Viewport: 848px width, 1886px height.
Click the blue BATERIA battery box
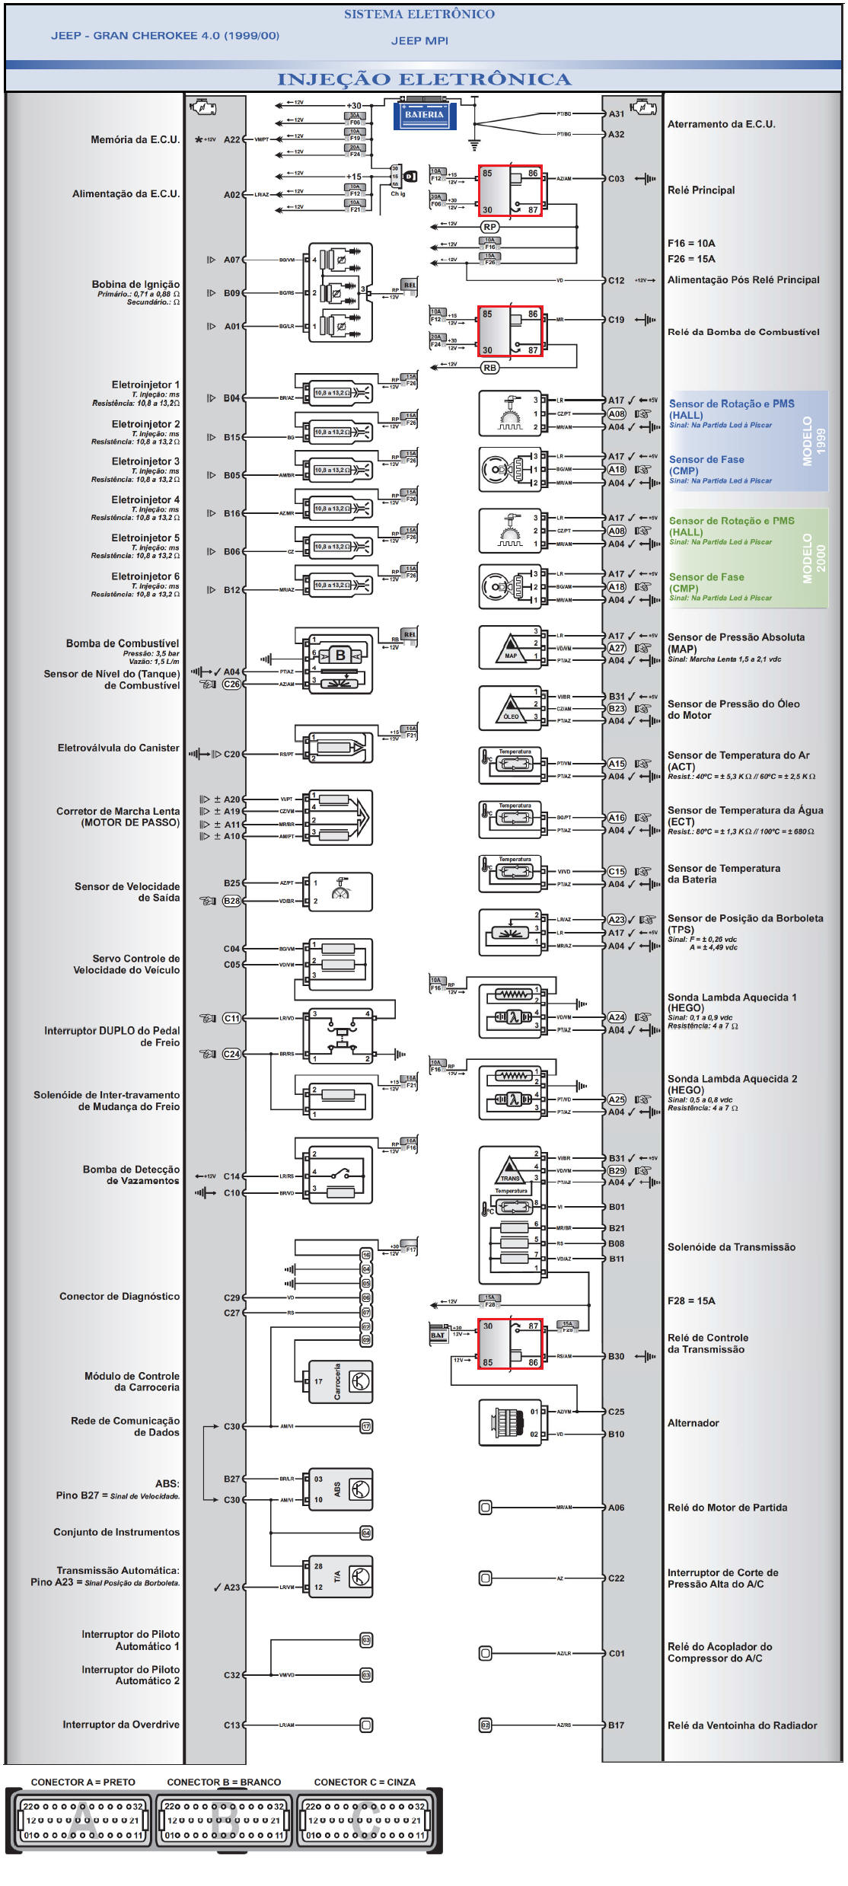(x=424, y=115)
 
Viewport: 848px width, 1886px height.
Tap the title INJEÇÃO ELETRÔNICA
(x=424, y=79)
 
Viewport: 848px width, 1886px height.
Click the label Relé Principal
(x=701, y=190)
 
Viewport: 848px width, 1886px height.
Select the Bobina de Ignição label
(x=136, y=285)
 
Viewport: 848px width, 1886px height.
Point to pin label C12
(x=616, y=280)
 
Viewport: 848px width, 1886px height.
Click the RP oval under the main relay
(x=489, y=227)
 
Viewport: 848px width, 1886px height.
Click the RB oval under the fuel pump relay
(x=489, y=368)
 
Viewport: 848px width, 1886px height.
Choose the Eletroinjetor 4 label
(x=145, y=500)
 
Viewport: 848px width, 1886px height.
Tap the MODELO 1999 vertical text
(x=814, y=441)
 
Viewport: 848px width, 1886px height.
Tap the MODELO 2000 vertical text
(x=814, y=558)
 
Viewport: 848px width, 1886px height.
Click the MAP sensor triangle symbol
(x=510, y=649)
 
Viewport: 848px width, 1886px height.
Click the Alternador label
(x=693, y=1423)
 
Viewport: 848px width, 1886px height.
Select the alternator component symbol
(x=508, y=1422)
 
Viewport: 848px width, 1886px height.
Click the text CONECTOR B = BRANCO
(x=224, y=1782)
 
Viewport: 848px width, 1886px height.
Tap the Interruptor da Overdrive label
(x=121, y=1725)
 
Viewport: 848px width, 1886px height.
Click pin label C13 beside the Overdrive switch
(x=231, y=1725)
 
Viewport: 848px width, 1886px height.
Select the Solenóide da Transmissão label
(x=731, y=1247)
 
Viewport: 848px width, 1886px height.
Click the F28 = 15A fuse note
(x=691, y=1300)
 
